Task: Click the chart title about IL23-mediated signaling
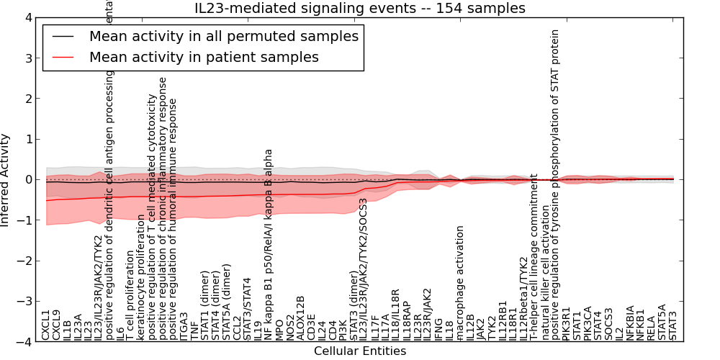point(359,8)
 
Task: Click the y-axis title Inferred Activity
point(6,180)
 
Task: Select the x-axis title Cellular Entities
point(359,351)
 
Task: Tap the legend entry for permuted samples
point(223,36)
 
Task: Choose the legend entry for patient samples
point(204,57)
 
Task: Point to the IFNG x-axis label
point(439,328)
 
